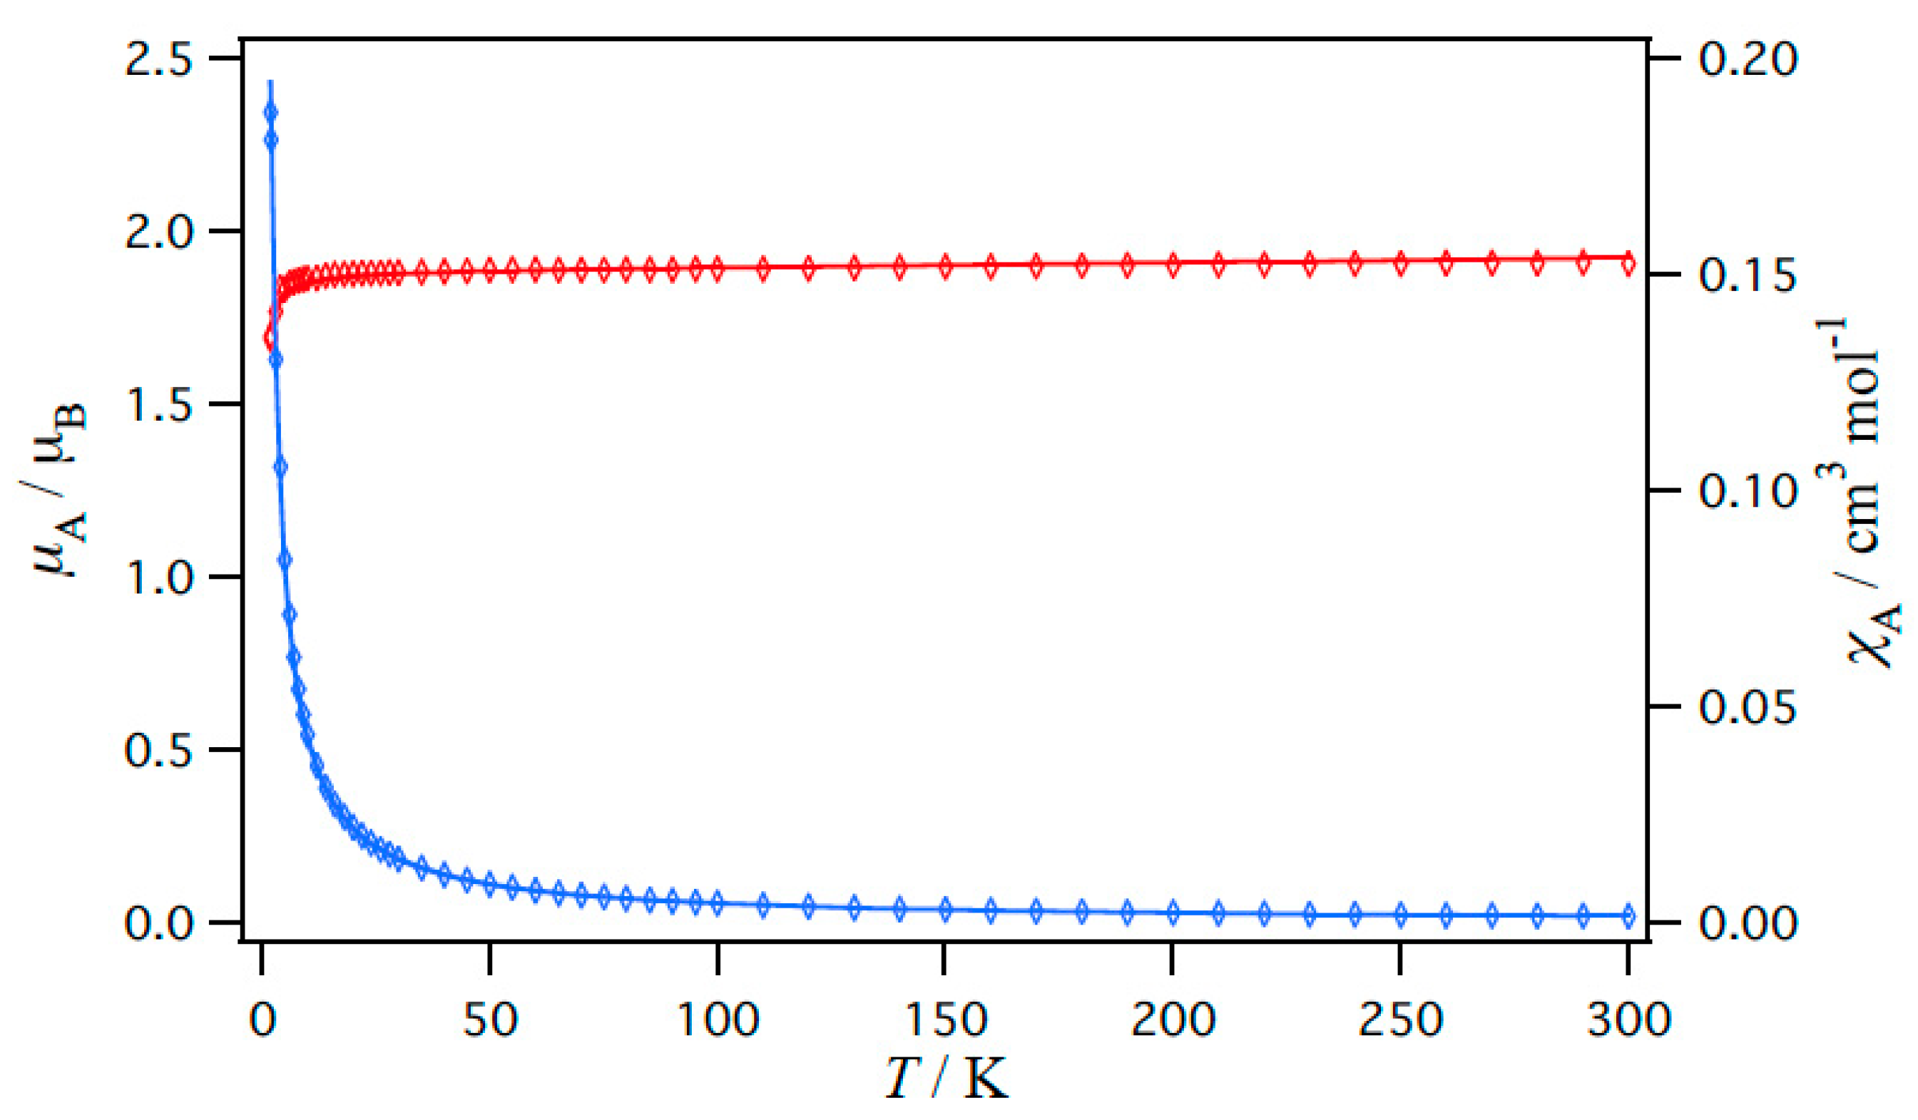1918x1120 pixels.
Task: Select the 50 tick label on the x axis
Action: (490, 1019)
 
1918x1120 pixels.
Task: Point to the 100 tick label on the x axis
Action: (718, 1019)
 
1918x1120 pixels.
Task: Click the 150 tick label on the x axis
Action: (945, 1019)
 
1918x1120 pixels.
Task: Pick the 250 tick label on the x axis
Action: (1400, 1019)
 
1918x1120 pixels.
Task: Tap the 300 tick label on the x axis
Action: (1628, 1019)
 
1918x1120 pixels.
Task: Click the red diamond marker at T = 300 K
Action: (1628, 263)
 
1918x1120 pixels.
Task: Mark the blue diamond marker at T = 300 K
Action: (1628, 916)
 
